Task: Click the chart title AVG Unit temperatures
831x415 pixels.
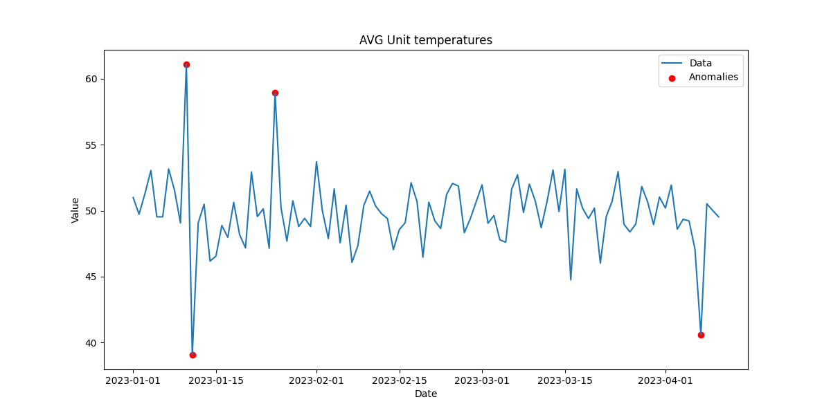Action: point(425,40)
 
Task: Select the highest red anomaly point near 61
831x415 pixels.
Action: point(186,64)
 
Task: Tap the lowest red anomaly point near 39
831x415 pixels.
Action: point(193,355)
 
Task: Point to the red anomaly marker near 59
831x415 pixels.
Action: point(275,93)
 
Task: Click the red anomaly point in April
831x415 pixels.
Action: point(701,335)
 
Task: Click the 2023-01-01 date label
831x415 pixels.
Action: point(133,380)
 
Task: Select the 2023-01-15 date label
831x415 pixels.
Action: point(216,380)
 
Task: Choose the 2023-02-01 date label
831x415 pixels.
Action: point(316,380)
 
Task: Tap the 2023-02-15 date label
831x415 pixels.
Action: point(400,380)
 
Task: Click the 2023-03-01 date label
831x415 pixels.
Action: point(482,380)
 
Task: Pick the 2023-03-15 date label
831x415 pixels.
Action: point(565,380)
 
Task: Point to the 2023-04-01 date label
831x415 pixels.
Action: point(665,380)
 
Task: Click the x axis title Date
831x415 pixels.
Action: point(425,394)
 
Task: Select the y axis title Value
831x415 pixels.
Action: point(75,210)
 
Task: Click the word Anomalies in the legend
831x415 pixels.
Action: point(713,77)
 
